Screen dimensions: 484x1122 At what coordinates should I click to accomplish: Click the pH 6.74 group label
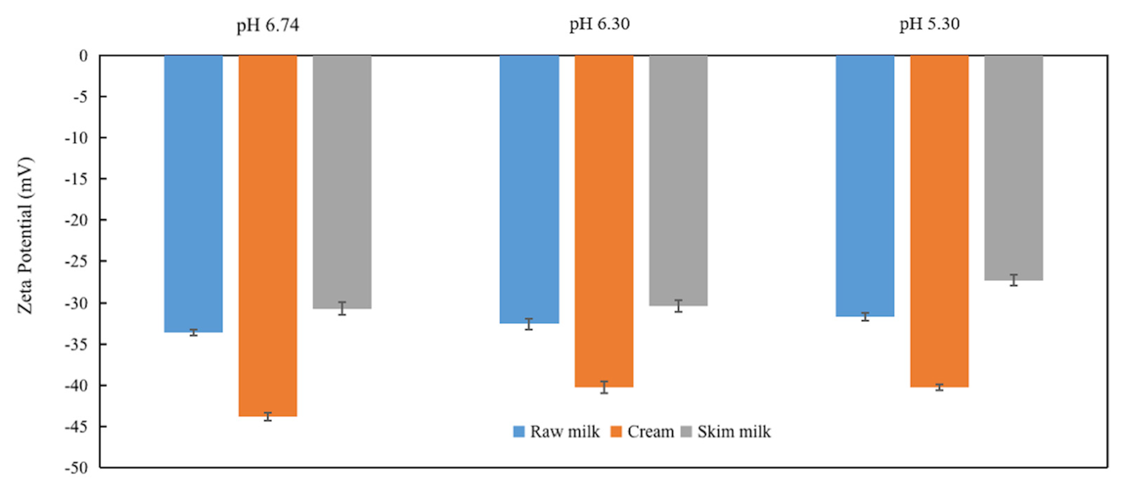click(x=268, y=25)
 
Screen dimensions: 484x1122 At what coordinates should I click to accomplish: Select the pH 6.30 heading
click(x=599, y=24)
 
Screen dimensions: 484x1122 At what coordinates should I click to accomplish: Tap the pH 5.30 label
click(x=930, y=24)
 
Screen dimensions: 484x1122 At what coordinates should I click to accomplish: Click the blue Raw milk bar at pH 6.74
click(x=193, y=194)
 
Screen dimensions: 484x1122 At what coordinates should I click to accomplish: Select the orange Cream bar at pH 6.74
click(x=268, y=235)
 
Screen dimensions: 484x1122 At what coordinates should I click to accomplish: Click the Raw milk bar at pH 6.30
click(x=529, y=189)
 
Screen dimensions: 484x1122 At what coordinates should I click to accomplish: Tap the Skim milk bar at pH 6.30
click(x=678, y=180)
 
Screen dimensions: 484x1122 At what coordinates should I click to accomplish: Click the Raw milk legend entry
click(x=557, y=432)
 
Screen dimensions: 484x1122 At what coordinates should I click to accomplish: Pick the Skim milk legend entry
click(x=726, y=432)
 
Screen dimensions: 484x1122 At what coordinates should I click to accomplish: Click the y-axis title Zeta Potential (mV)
click(x=25, y=235)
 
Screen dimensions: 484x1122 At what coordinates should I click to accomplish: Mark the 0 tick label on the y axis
click(x=83, y=56)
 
